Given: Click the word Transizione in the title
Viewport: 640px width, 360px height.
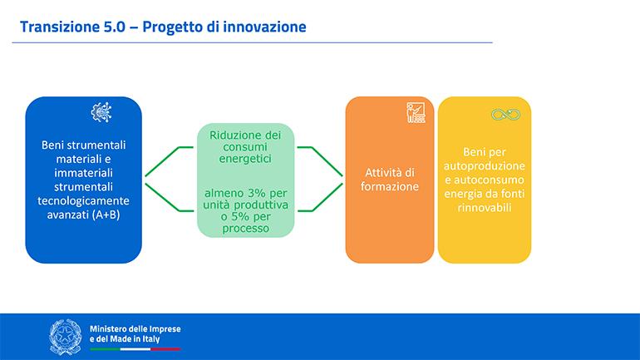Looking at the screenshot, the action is (x=57, y=27).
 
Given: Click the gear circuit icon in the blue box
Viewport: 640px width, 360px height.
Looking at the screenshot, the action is (x=101, y=112).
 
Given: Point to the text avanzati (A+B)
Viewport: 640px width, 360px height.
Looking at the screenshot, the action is (x=84, y=215).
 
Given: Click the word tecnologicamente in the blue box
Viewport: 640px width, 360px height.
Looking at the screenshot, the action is (x=83, y=201).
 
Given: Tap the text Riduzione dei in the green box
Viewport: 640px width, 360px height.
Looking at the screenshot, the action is (x=245, y=135).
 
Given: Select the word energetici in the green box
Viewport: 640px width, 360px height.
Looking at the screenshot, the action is (x=245, y=159).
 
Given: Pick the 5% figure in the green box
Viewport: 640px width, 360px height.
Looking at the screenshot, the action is (x=240, y=216).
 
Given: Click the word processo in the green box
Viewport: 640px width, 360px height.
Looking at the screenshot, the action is (x=245, y=229).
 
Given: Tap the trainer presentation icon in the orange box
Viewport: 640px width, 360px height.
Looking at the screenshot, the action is (x=416, y=112).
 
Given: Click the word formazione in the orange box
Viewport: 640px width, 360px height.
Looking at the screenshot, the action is (x=389, y=186).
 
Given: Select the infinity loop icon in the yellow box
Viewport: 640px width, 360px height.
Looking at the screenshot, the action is (x=505, y=115).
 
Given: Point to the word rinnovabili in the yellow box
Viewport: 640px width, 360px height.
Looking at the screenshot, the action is (x=484, y=207).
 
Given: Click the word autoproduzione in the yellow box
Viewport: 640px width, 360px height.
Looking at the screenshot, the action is (x=484, y=166).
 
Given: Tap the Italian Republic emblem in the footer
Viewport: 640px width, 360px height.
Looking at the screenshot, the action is (x=66, y=338).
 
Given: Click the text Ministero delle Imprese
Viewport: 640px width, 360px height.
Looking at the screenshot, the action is (x=135, y=329).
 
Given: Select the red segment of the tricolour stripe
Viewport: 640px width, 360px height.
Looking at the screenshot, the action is (x=165, y=349).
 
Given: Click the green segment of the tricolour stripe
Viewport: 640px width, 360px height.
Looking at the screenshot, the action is (x=105, y=349).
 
